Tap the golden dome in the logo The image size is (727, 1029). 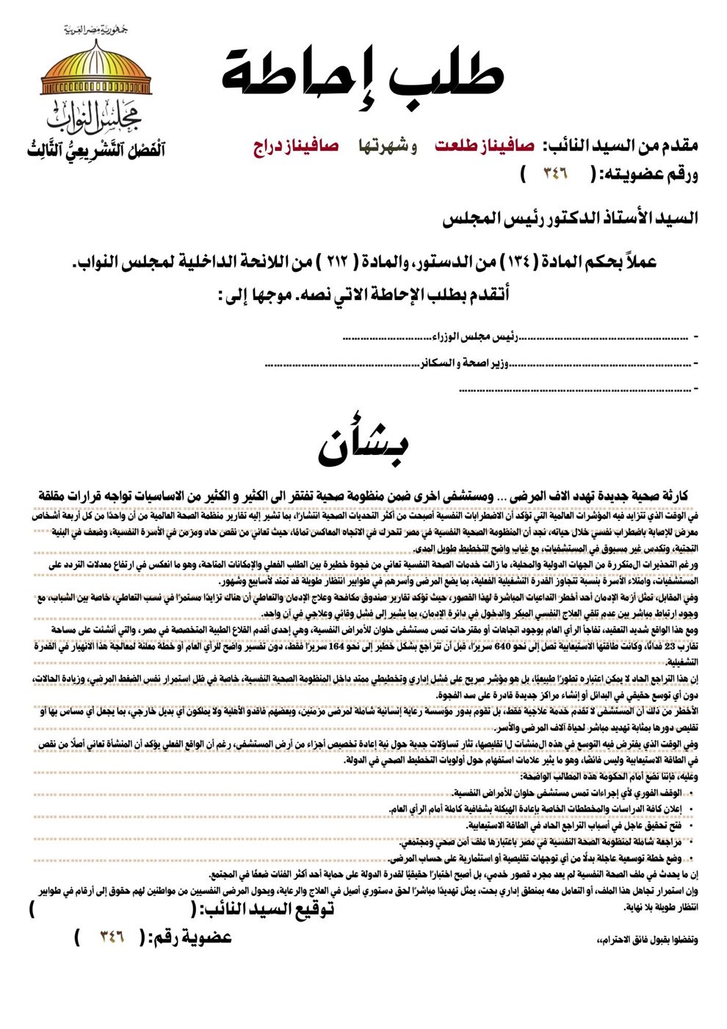tap(95, 71)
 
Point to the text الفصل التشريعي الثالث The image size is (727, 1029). tap(95, 149)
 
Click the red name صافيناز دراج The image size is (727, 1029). tap(295, 146)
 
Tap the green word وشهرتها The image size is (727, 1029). tap(387, 146)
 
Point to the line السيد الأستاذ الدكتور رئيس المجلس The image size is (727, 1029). tap(570, 218)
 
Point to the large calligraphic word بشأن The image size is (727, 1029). tap(363, 445)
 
